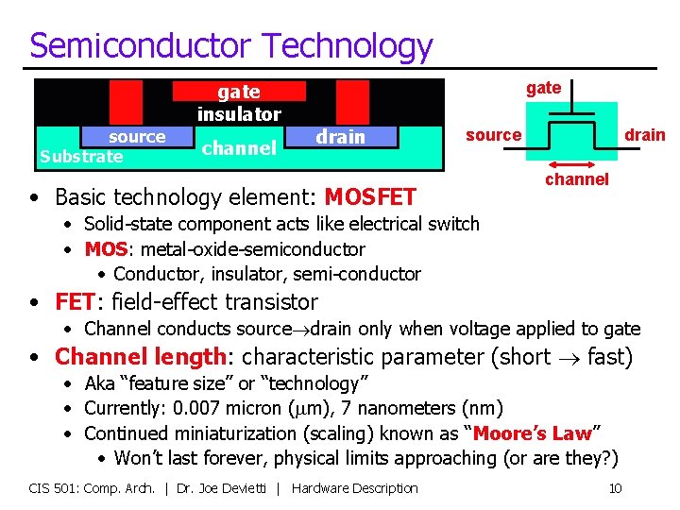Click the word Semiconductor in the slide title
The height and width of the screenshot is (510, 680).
point(141,45)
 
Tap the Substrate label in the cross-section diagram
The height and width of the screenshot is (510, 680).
point(81,157)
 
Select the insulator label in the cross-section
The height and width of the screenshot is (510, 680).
point(239,114)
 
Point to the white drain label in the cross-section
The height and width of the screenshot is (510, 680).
point(340,137)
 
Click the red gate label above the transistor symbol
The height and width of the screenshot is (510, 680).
point(543,88)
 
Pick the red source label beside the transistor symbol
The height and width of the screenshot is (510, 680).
point(493,135)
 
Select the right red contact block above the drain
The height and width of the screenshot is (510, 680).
point(352,101)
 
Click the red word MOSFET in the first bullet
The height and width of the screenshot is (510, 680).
point(370,197)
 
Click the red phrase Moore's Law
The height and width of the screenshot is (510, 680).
point(532,433)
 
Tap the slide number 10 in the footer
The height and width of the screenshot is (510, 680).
point(615,488)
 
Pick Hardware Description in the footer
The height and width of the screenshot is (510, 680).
point(355,488)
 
